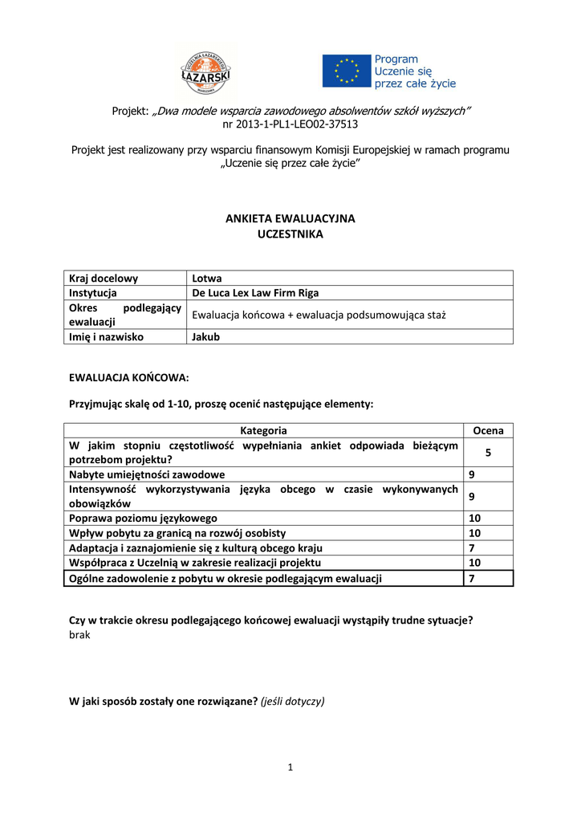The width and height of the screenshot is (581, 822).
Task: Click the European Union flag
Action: (347, 71)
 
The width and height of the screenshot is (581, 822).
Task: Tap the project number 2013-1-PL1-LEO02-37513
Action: (290, 124)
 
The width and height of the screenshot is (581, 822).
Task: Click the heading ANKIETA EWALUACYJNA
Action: (290, 218)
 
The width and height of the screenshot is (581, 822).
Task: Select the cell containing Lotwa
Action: (207, 279)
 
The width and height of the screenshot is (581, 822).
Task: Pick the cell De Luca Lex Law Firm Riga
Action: (255, 293)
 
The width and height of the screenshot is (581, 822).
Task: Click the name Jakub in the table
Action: (205, 337)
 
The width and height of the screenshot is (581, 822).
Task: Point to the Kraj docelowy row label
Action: (104, 279)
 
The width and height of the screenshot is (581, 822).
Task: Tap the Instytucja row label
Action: (93, 293)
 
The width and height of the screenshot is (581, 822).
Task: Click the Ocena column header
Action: (489, 431)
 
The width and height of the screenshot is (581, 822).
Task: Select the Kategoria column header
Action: (264, 431)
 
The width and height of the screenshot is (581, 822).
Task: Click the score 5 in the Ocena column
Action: (488, 453)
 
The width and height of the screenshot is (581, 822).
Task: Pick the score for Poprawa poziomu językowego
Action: (474, 519)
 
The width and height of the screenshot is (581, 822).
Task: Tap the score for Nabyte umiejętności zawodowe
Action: (472, 474)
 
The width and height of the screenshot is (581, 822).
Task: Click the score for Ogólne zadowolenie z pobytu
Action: (472, 578)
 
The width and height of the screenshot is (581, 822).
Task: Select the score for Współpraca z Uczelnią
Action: (474, 563)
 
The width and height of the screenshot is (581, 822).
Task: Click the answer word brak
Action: (80, 634)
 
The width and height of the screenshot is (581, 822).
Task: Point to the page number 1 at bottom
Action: (290, 767)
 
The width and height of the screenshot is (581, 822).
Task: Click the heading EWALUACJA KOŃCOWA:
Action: (129, 376)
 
